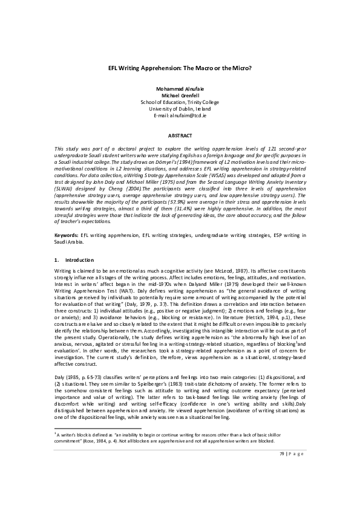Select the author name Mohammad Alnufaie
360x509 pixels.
pos(180,89)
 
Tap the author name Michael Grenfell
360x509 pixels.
pos(180,96)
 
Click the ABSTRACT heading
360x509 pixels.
pos(180,137)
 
